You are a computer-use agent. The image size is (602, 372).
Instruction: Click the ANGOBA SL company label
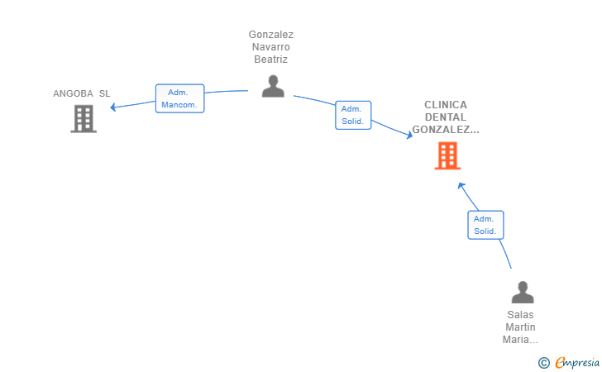click(81, 93)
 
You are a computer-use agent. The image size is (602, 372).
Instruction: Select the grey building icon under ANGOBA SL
click(84, 118)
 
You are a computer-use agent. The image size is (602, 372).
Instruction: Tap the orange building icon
click(447, 155)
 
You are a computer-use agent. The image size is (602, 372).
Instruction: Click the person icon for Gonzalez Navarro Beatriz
click(273, 86)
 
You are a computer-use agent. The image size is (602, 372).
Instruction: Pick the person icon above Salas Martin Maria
click(523, 292)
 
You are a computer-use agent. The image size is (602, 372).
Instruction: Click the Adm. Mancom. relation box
click(179, 98)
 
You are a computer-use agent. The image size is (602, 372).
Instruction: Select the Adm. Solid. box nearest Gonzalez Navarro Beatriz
click(353, 115)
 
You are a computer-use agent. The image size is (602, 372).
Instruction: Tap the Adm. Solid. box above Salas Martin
click(485, 225)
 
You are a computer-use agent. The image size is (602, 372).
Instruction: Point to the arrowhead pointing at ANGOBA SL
click(112, 107)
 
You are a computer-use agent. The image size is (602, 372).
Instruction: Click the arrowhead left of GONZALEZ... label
click(409, 135)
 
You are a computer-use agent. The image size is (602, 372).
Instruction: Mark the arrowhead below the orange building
click(461, 186)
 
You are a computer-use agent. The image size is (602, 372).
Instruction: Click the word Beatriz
click(270, 60)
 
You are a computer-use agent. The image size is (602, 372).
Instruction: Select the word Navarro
click(270, 47)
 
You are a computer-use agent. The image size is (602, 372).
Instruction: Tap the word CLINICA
click(446, 105)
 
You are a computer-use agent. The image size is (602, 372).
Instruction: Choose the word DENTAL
click(446, 117)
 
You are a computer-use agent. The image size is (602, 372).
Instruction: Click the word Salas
click(520, 315)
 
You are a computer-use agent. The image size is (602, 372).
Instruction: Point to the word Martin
click(520, 327)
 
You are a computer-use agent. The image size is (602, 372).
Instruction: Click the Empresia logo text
click(577, 362)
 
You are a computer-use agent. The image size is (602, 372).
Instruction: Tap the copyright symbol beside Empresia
click(544, 363)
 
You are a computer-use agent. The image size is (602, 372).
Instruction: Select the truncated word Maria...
click(520, 340)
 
